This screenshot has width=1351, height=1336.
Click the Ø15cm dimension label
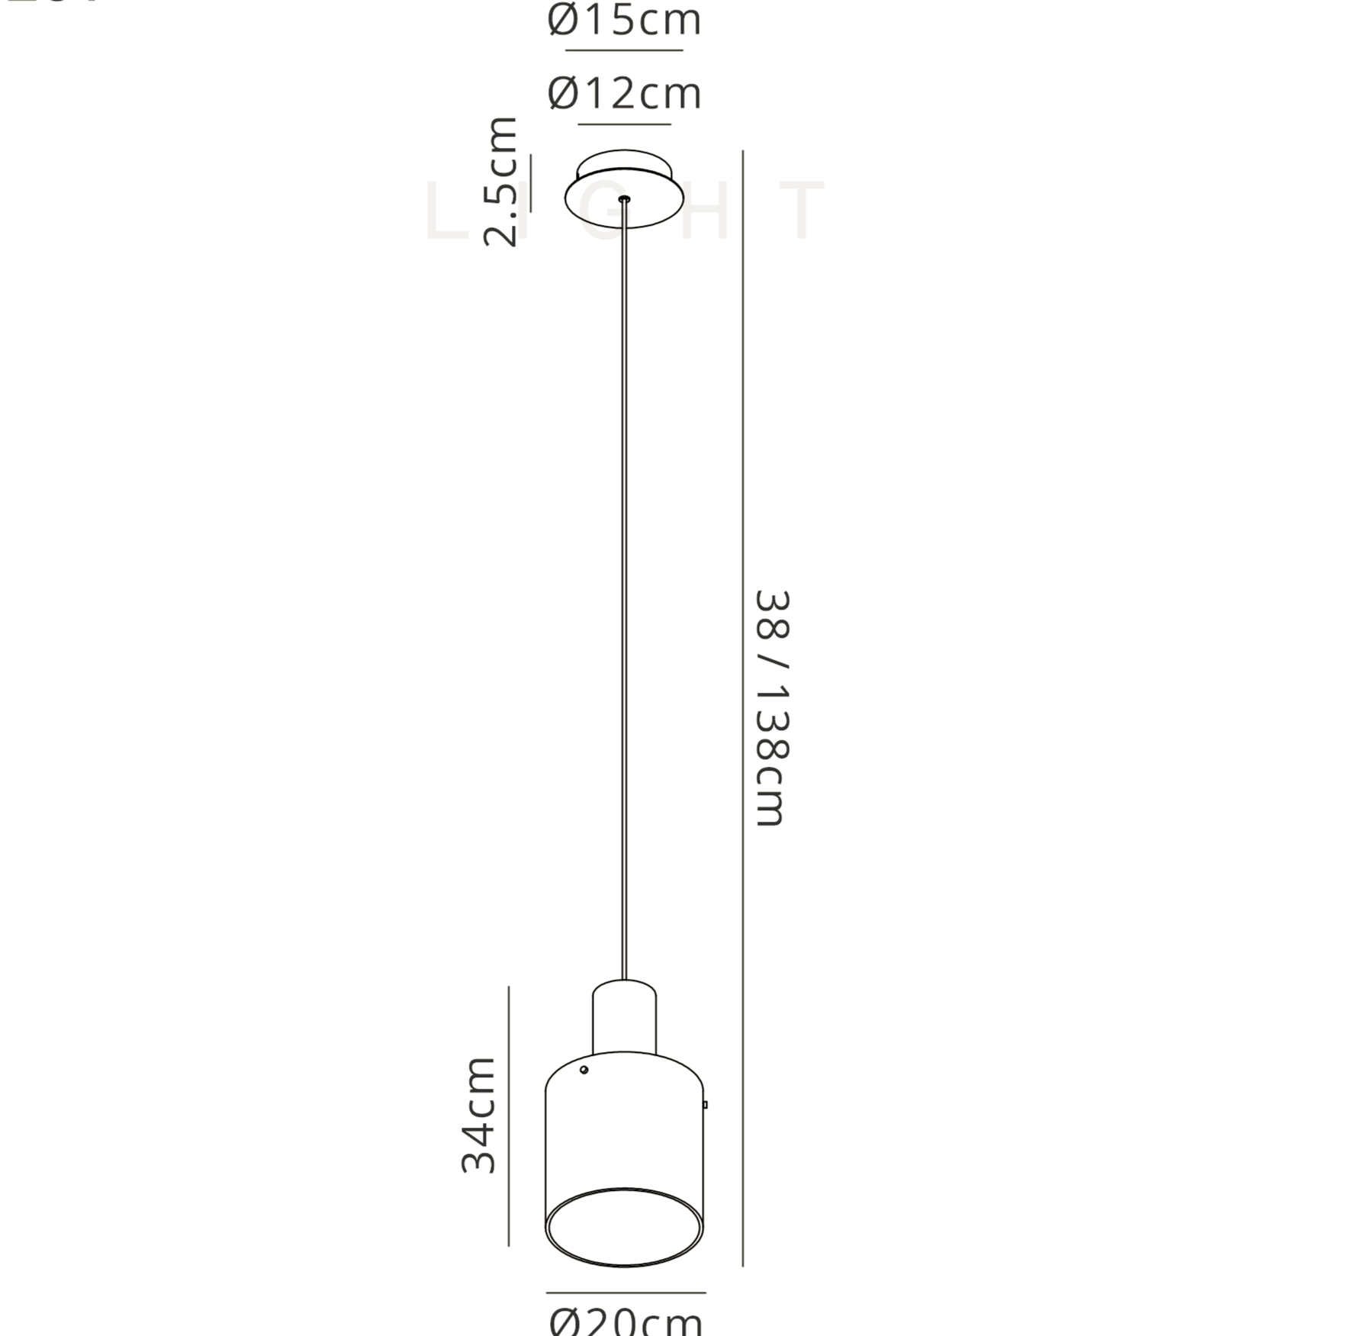624,20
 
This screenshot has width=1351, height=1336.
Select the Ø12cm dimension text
624,94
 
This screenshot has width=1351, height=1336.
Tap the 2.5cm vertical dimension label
501,182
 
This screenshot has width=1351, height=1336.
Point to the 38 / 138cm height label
770,708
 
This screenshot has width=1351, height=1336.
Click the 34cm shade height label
479,1115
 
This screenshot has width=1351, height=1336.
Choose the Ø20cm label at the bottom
626,1320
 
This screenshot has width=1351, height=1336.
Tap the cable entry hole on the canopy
625,199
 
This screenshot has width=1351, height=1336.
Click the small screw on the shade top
584,1070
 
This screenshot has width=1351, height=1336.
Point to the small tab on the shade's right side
705,1104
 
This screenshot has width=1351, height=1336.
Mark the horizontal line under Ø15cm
624,50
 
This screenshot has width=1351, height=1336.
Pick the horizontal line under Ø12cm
624,124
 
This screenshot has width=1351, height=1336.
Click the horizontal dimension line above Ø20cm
626,1293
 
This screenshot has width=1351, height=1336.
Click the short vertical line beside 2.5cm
531,183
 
